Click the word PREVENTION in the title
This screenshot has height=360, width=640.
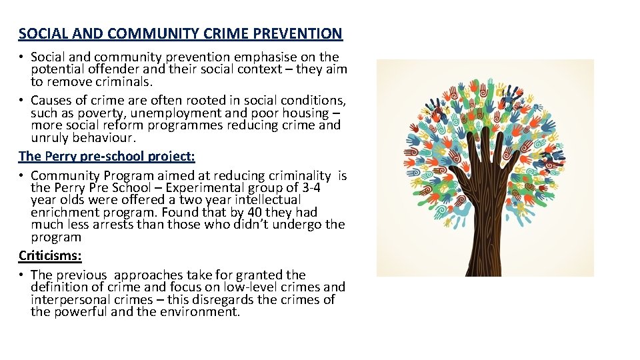pyautogui.click(x=303, y=33)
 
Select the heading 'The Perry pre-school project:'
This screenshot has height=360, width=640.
pyautogui.click(x=107, y=156)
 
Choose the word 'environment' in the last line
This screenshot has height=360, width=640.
pyautogui.click(x=201, y=311)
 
